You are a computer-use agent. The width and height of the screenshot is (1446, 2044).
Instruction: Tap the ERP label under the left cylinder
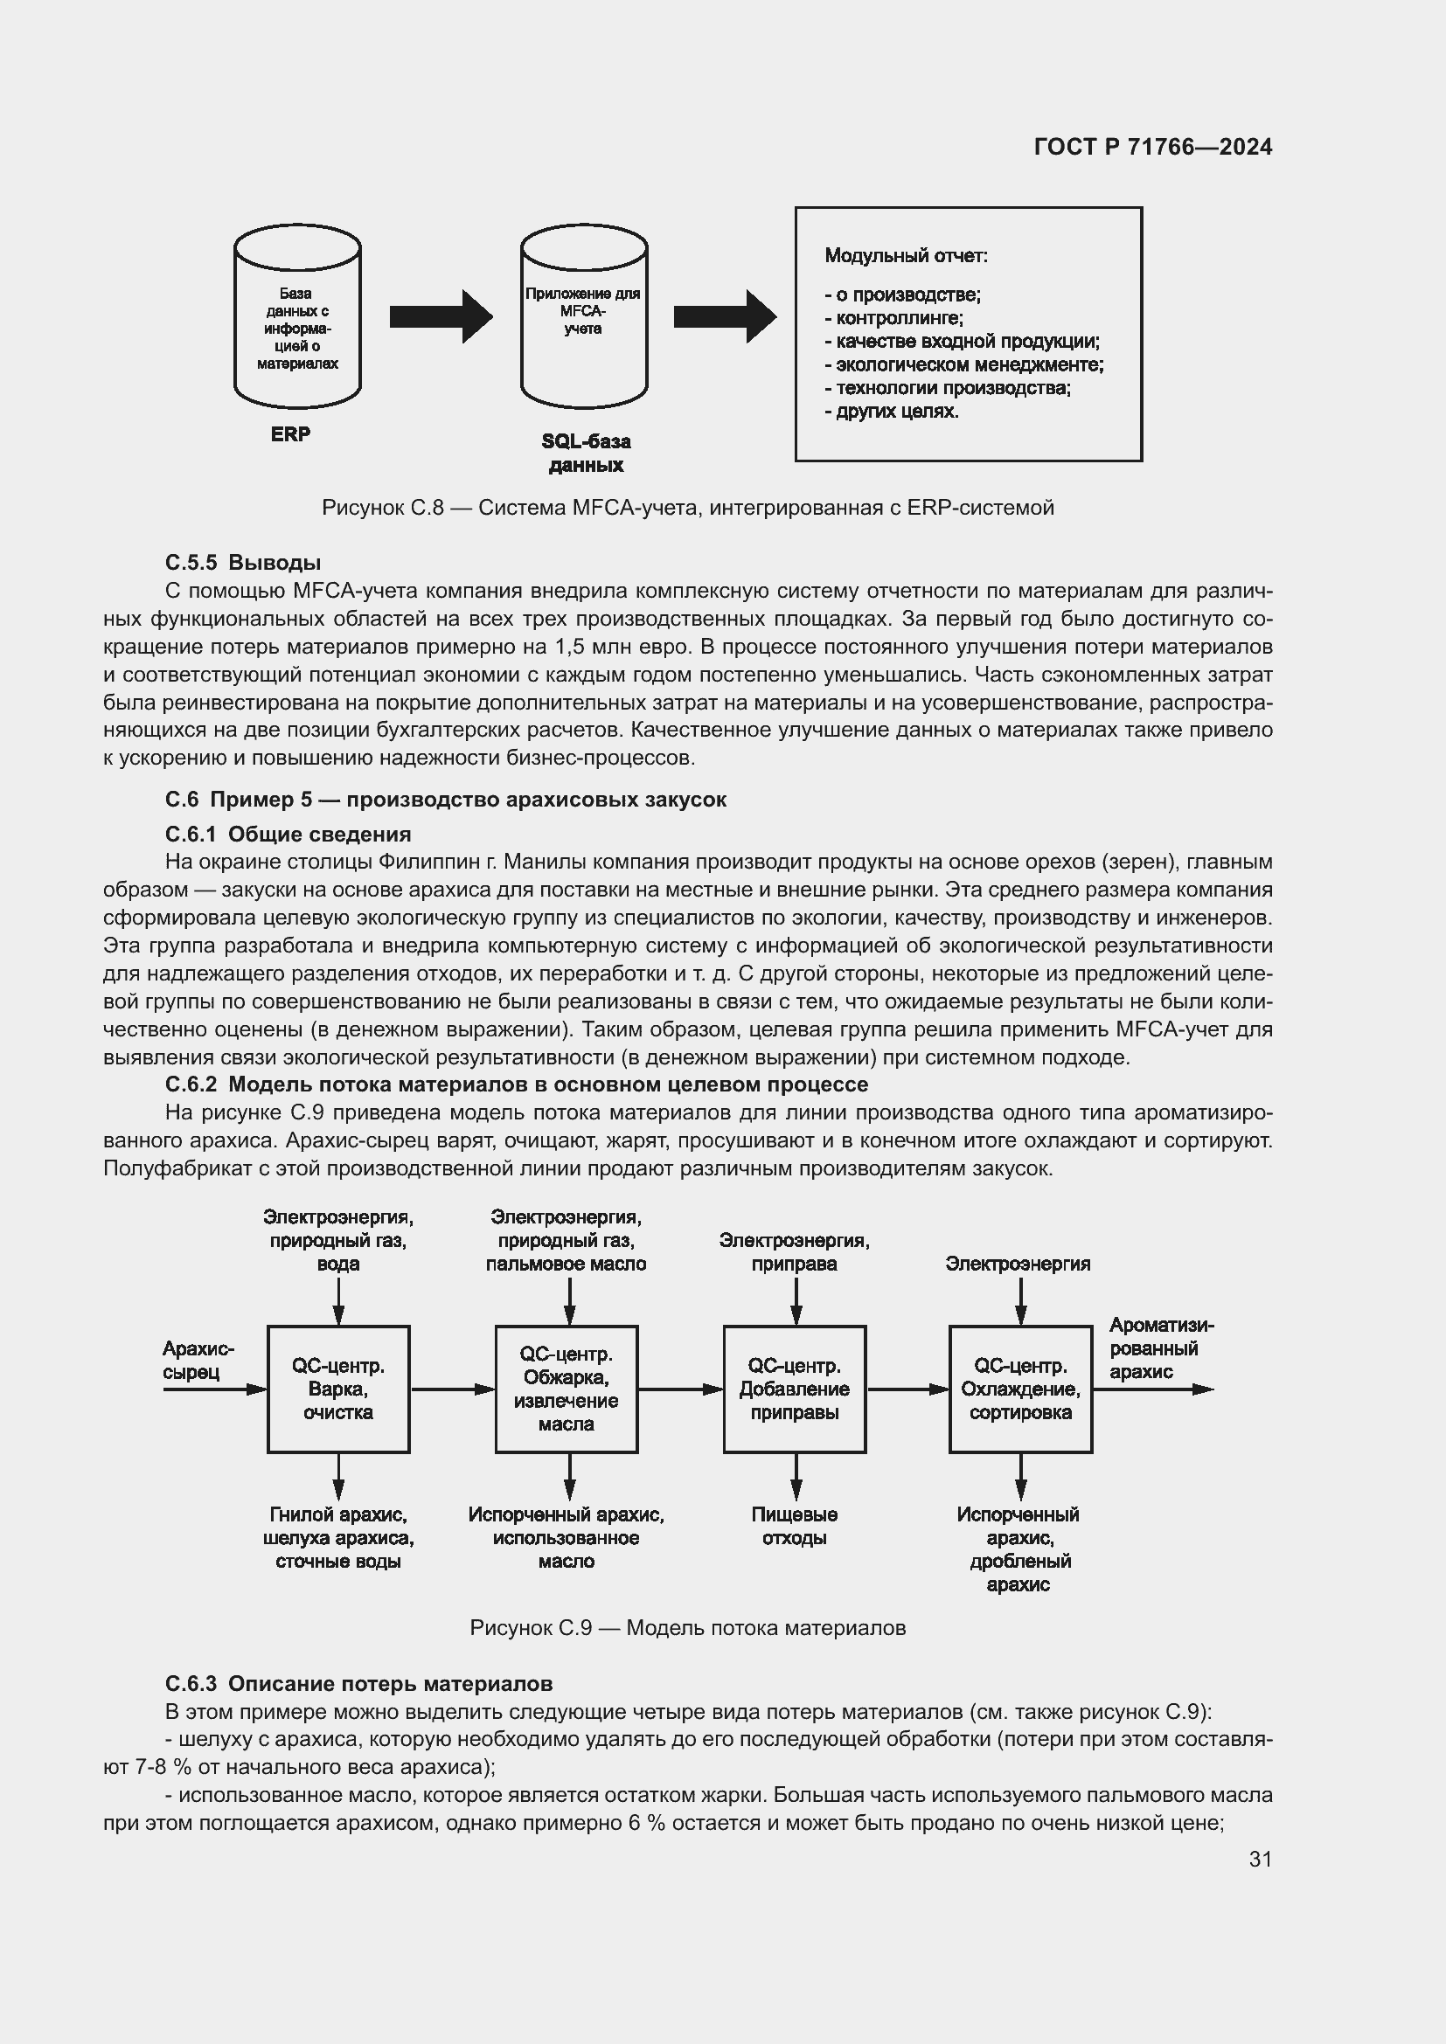(x=290, y=434)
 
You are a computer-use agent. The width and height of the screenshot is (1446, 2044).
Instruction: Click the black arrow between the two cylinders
(x=441, y=316)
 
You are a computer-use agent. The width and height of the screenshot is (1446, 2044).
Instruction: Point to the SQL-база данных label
(x=586, y=454)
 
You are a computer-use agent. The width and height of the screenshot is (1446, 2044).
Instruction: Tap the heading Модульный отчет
(x=906, y=256)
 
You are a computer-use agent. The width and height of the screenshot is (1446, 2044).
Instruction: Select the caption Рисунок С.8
(x=687, y=508)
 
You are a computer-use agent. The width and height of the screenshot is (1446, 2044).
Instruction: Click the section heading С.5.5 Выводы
(x=242, y=563)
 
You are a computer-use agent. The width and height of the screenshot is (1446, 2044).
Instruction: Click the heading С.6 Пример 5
(x=445, y=800)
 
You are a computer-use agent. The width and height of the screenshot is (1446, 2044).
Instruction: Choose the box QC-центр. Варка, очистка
(x=338, y=1389)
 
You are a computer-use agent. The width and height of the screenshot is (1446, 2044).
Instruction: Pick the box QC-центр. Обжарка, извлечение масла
(x=567, y=1389)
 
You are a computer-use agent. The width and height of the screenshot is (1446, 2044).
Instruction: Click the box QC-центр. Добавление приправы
(x=794, y=1389)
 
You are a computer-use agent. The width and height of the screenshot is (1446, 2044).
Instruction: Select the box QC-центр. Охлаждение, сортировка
(x=1020, y=1389)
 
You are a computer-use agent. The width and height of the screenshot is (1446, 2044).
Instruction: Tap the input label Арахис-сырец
(x=198, y=1361)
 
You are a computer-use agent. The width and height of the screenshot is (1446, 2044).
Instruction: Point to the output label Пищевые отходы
(x=794, y=1526)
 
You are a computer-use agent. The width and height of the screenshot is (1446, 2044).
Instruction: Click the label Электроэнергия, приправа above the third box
(x=794, y=1251)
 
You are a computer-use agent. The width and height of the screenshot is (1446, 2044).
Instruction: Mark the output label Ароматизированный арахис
(x=1159, y=1348)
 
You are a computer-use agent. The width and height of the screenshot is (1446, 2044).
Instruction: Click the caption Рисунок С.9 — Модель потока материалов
(x=687, y=1628)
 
